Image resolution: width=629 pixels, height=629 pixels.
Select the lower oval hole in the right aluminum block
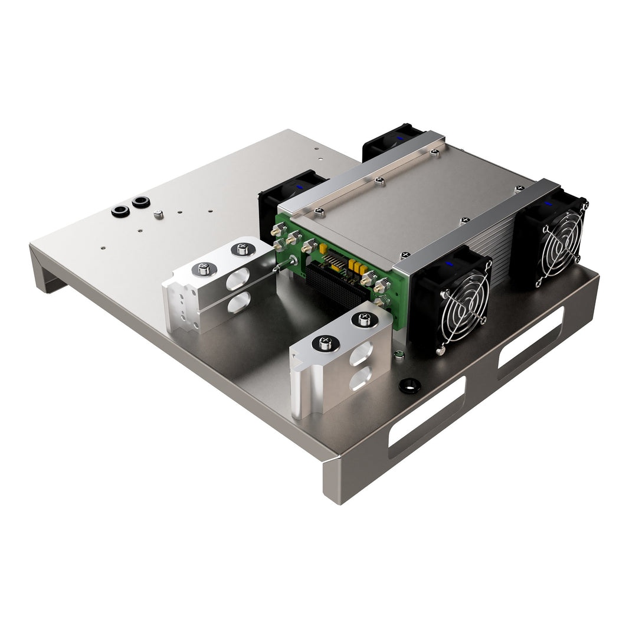tap(361, 377)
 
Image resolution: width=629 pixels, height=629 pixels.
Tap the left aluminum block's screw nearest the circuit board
tap(242, 249)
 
